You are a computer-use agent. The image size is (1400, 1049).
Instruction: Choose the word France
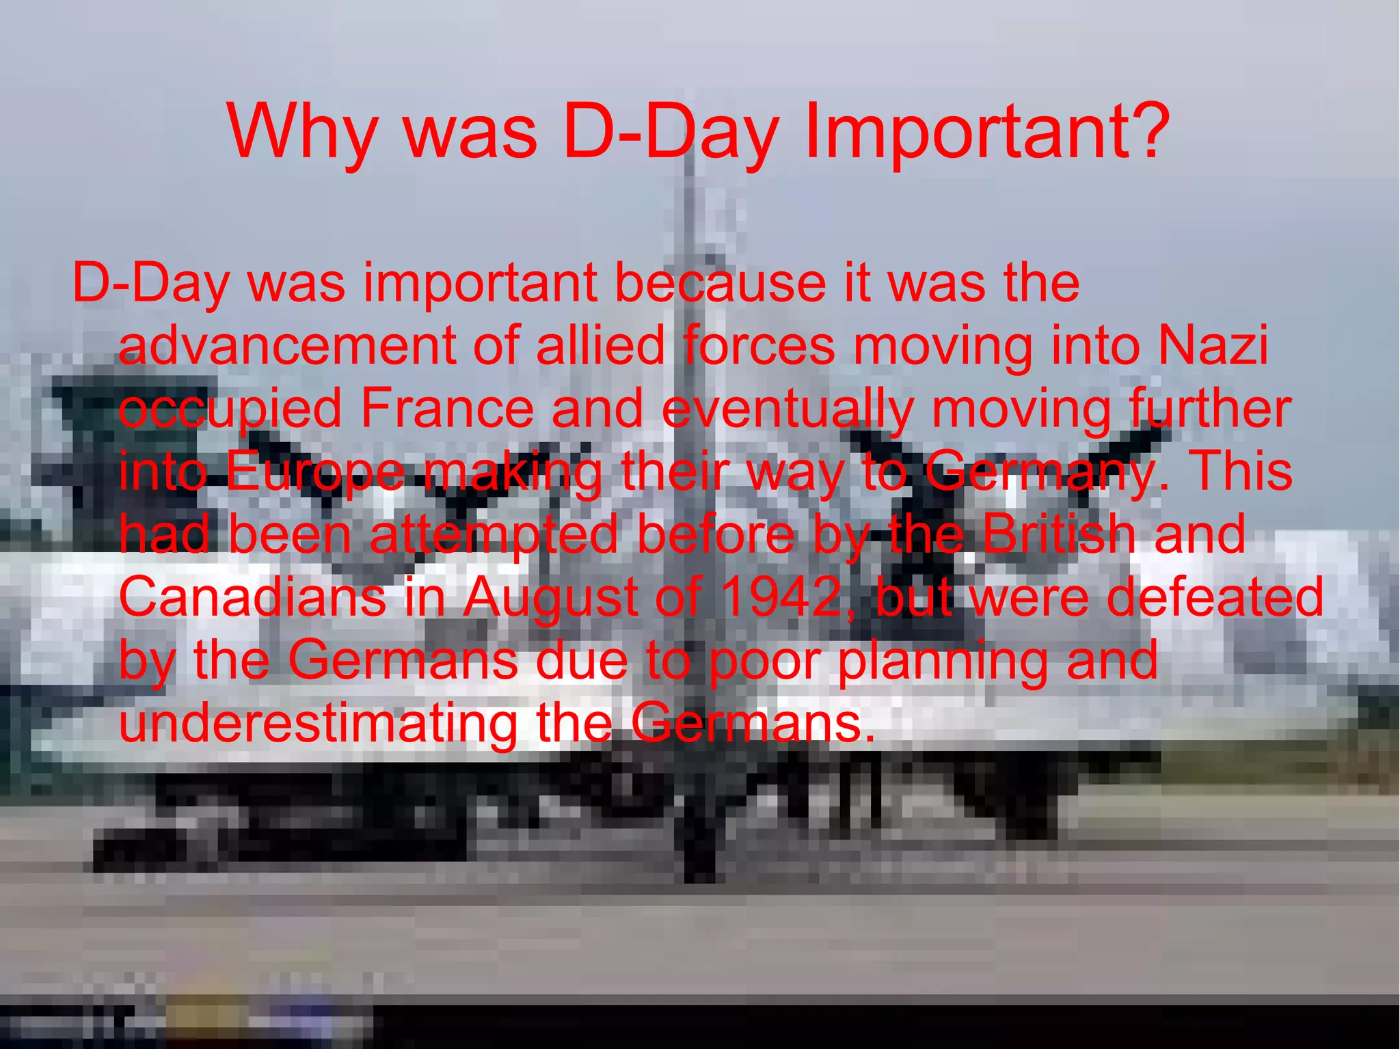coord(446,409)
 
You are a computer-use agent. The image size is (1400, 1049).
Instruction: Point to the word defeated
coord(1215,597)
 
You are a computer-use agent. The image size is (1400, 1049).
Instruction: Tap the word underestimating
coord(319,723)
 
